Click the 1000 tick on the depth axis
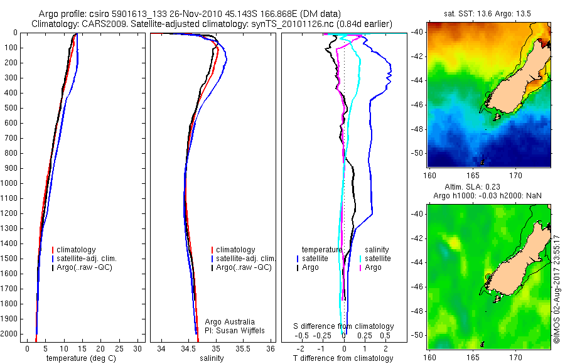[x=11, y=183]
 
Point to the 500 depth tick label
[x=11, y=108]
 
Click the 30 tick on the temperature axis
[x=138, y=348]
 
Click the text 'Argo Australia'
[x=230, y=322]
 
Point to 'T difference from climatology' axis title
[x=343, y=358]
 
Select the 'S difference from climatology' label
[x=344, y=326]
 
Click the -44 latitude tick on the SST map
[x=417, y=80]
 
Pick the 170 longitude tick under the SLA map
[x=517, y=357]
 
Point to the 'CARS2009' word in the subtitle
[x=97, y=24]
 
